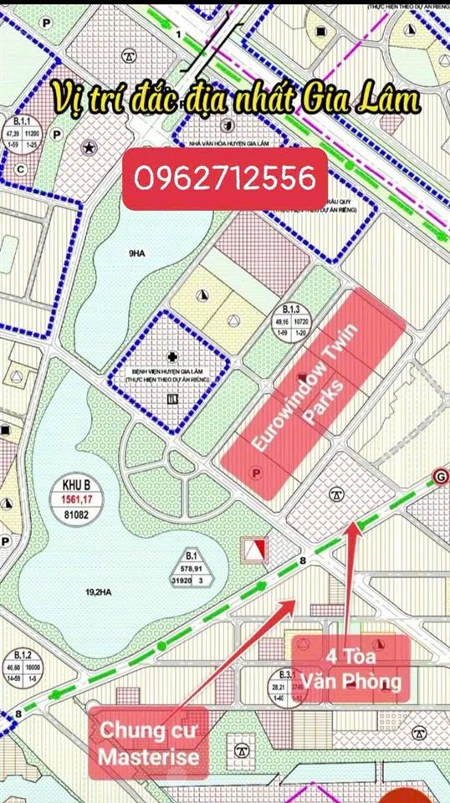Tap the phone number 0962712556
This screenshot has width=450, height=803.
coord(225,178)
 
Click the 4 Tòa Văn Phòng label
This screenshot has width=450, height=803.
coord(363,668)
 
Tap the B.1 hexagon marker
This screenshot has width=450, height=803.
coord(192,568)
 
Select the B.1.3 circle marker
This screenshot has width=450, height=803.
coord(292,320)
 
